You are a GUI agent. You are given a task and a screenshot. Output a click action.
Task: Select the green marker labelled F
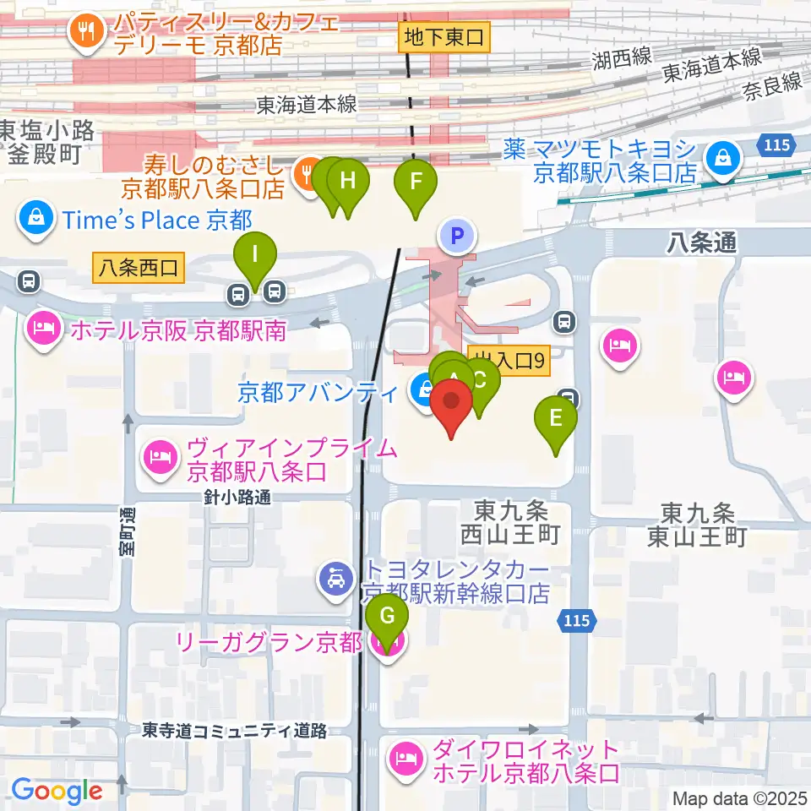click(x=416, y=182)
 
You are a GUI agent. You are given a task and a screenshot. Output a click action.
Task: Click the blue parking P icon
click(x=457, y=236)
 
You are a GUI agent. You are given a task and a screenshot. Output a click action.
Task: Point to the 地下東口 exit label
click(x=444, y=37)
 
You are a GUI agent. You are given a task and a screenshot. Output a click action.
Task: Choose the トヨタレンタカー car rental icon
click(x=335, y=580)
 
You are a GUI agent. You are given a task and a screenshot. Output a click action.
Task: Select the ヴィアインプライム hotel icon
click(x=160, y=458)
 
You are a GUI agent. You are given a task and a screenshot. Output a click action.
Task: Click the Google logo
click(x=57, y=791)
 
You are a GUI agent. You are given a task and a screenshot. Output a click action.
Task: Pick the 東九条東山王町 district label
click(x=703, y=524)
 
